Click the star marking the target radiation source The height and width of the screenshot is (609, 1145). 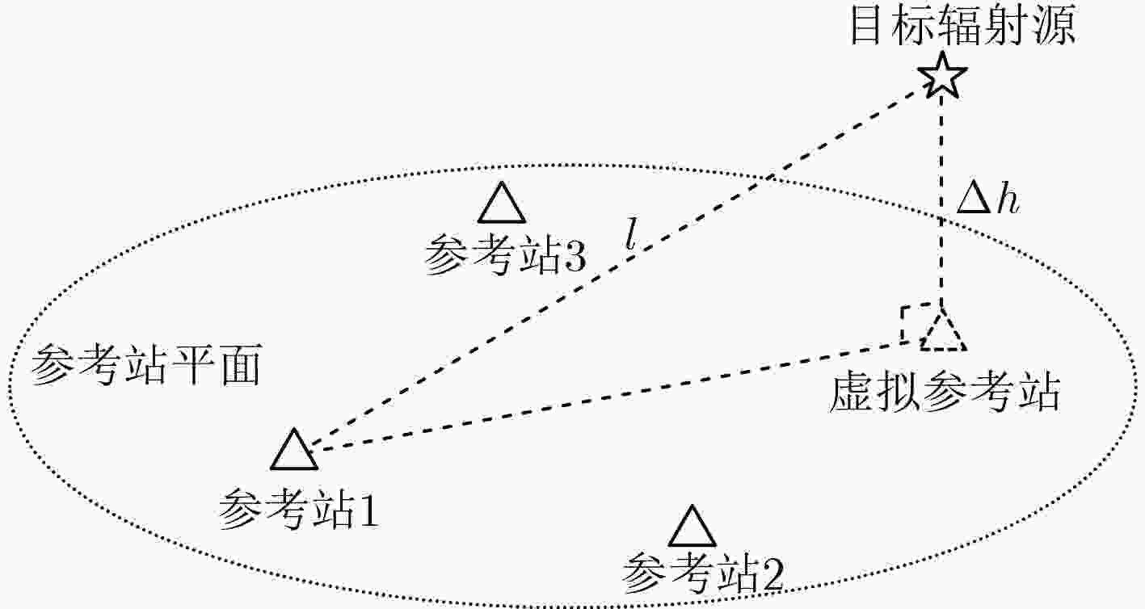(941, 76)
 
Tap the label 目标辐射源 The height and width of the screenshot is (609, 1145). (962, 26)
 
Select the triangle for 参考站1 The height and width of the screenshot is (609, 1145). (294, 449)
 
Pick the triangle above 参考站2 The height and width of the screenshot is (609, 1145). (692, 526)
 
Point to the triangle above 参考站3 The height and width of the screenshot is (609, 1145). (502, 202)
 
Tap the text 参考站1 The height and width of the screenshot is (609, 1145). (298, 509)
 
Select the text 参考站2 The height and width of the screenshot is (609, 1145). (702, 573)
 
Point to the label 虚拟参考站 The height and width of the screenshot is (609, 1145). (945, 393)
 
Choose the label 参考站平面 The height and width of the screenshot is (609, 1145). (146, 365)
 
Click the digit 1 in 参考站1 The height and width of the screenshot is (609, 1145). (368, 510)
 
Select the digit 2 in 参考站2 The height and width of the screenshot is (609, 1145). (772, 575)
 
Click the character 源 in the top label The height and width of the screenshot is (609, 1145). (1054, 26)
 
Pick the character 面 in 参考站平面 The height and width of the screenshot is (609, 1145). (242, 365)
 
